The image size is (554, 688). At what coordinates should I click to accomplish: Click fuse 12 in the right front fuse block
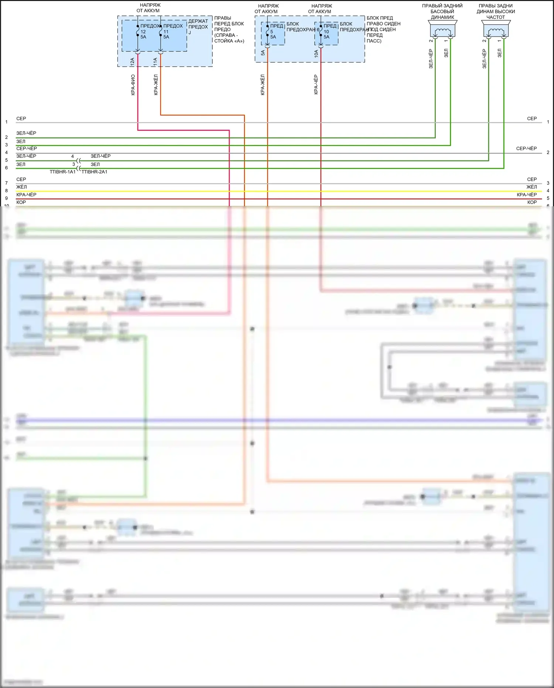[138, 31]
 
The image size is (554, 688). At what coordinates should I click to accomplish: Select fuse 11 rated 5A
[161, 31]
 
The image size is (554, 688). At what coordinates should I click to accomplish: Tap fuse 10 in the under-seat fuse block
[321, 31]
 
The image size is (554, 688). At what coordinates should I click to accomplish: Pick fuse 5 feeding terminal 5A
[268, 31]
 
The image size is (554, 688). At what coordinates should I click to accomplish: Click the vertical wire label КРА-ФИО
[133, 85]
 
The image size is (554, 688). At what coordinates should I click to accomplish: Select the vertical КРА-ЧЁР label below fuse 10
[316, 85]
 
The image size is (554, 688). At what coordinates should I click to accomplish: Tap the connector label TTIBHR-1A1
[63, 172]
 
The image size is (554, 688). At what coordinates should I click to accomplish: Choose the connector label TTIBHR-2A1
[95, 172]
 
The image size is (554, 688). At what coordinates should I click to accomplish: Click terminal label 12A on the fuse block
[132, 62]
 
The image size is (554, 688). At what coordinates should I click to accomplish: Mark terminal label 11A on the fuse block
[155, 62]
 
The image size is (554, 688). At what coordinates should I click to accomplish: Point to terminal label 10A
[316, 54]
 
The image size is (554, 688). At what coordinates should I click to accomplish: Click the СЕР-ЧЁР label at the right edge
[526, 149]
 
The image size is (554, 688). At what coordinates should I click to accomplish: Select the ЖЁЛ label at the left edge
[21, 187]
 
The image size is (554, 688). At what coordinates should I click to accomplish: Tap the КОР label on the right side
[532, 202]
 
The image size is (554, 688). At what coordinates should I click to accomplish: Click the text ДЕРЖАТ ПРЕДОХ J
[198, 27]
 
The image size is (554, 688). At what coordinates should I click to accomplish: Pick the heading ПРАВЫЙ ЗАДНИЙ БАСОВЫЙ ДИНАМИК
[442, 11]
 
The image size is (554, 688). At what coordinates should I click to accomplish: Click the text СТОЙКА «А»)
[229, 41]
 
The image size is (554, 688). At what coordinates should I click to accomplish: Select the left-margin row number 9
[6, 198]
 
